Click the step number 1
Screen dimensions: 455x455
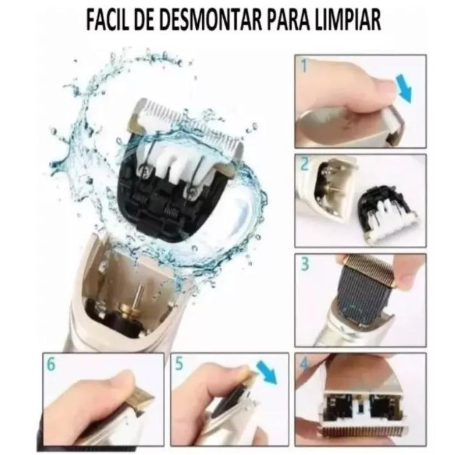point(304,66)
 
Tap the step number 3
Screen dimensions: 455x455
point(305,264)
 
